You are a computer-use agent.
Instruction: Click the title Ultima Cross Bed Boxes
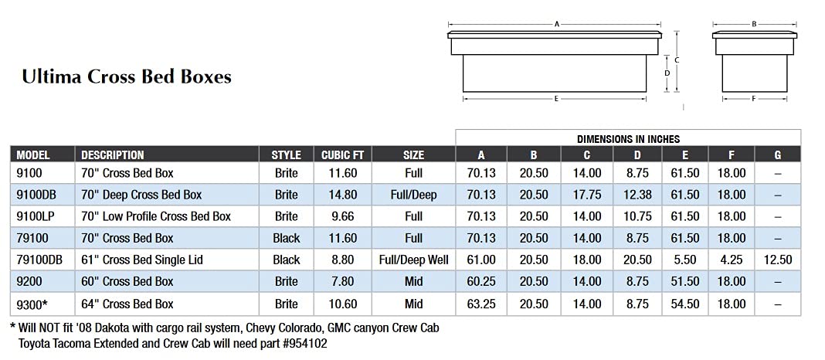127,76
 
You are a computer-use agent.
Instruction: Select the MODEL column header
33,155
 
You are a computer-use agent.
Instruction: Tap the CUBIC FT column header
342,155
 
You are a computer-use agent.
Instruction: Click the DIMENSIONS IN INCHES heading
628,139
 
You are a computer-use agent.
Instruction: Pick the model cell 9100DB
36,195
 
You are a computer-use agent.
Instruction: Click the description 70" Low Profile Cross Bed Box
156,216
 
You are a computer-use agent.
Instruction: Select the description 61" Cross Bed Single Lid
142,260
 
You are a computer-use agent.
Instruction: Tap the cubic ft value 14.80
342,195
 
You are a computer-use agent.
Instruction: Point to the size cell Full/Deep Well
413,260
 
